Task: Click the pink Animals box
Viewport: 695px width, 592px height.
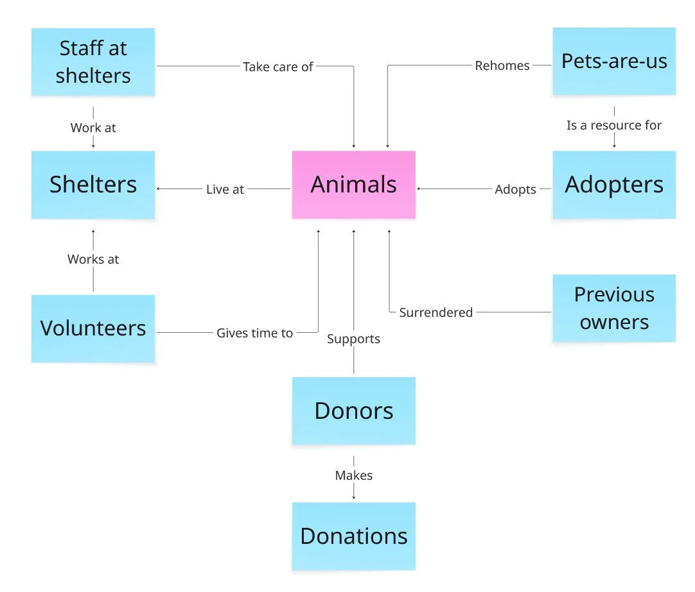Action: tap(353, 185)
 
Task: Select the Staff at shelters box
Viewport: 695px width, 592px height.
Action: tap(93, 62)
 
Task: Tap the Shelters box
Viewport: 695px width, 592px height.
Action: tap(93, 185)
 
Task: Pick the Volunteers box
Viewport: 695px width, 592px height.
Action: tap(93, 328)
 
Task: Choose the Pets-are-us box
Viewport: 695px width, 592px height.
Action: tap(614, 62)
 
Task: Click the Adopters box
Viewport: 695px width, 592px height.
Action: tap(614, 185)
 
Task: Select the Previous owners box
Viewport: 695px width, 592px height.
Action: tap(614, 308)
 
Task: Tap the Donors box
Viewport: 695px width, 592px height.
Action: tap(353, 410)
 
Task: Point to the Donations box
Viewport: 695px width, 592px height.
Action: tap(353, 536)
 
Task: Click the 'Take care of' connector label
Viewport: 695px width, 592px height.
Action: tap(277, 66)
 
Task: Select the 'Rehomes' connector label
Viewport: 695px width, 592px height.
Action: tap(502, 65)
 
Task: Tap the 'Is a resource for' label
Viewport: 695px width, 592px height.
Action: tap(613, 125)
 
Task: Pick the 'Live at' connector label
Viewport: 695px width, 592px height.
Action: tap(225, 189)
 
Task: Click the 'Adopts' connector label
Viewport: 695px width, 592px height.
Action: tap(515, 189)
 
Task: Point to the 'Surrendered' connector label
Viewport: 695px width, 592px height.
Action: tap(435, 312)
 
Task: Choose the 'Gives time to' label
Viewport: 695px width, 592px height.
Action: tap(254, 333)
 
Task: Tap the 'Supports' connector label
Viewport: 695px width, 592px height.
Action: tap(353, 339)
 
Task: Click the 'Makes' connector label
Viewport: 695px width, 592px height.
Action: tap(353, 475)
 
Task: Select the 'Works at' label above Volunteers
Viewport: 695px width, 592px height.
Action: tap(93, 259)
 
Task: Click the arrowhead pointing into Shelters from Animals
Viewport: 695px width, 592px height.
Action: tap(158, 189)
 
